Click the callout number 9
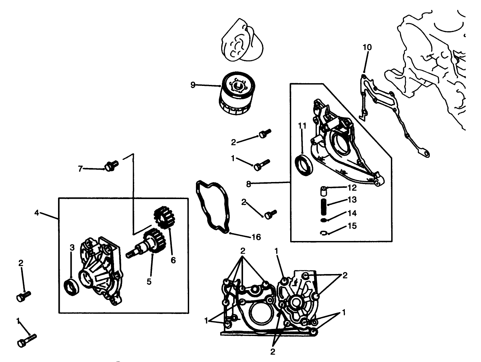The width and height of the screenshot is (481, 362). (193, 85)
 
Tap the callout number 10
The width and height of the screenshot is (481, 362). (367, 47)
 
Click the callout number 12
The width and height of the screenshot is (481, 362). (352, 188)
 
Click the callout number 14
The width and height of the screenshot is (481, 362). (352, 213)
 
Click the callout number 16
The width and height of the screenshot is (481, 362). (256, 237)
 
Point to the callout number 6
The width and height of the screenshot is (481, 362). (173, 260)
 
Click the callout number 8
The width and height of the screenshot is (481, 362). (249, 184)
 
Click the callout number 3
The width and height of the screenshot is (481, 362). (72, 248)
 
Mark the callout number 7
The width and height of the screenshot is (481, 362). (80, 168)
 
